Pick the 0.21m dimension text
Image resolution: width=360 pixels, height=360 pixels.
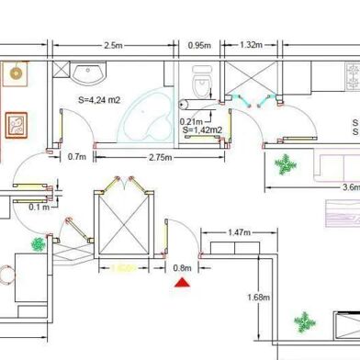coord(192,121)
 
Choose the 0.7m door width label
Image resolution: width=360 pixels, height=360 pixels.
coord(77,157)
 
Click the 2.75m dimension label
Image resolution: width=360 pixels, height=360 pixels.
coord(163,157)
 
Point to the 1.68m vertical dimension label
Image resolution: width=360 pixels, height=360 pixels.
coord(258,297)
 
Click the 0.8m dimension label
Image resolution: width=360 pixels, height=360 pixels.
coord(183,268)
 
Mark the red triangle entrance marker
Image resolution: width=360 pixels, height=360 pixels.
coord(183,284)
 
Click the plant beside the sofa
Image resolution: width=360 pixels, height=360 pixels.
coord(287,166)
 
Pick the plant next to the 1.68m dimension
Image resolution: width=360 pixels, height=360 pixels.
coord(303,322)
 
